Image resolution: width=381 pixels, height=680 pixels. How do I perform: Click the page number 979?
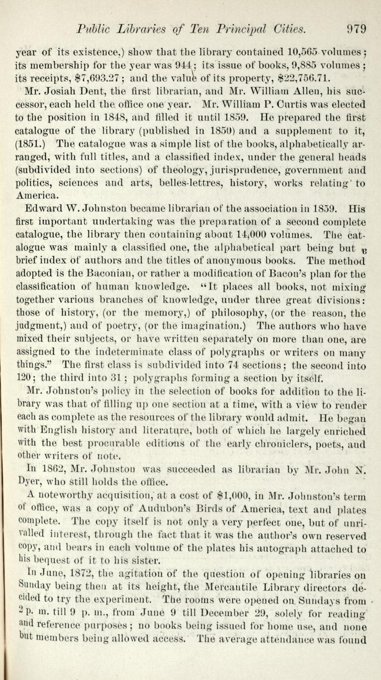pyautogui.click(x=356, y=28)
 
